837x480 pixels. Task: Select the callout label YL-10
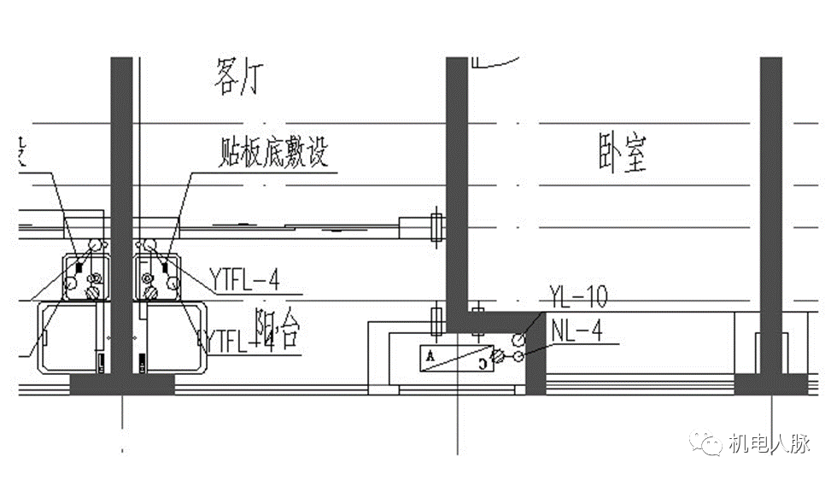point(578,298)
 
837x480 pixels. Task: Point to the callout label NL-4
point(577,331)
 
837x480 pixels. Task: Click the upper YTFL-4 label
point(244,278)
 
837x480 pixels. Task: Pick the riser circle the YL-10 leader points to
point(518,340)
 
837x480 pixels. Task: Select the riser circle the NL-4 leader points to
point(516,356)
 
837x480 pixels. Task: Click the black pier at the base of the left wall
point(121,384)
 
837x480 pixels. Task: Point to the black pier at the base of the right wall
point(770,383)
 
